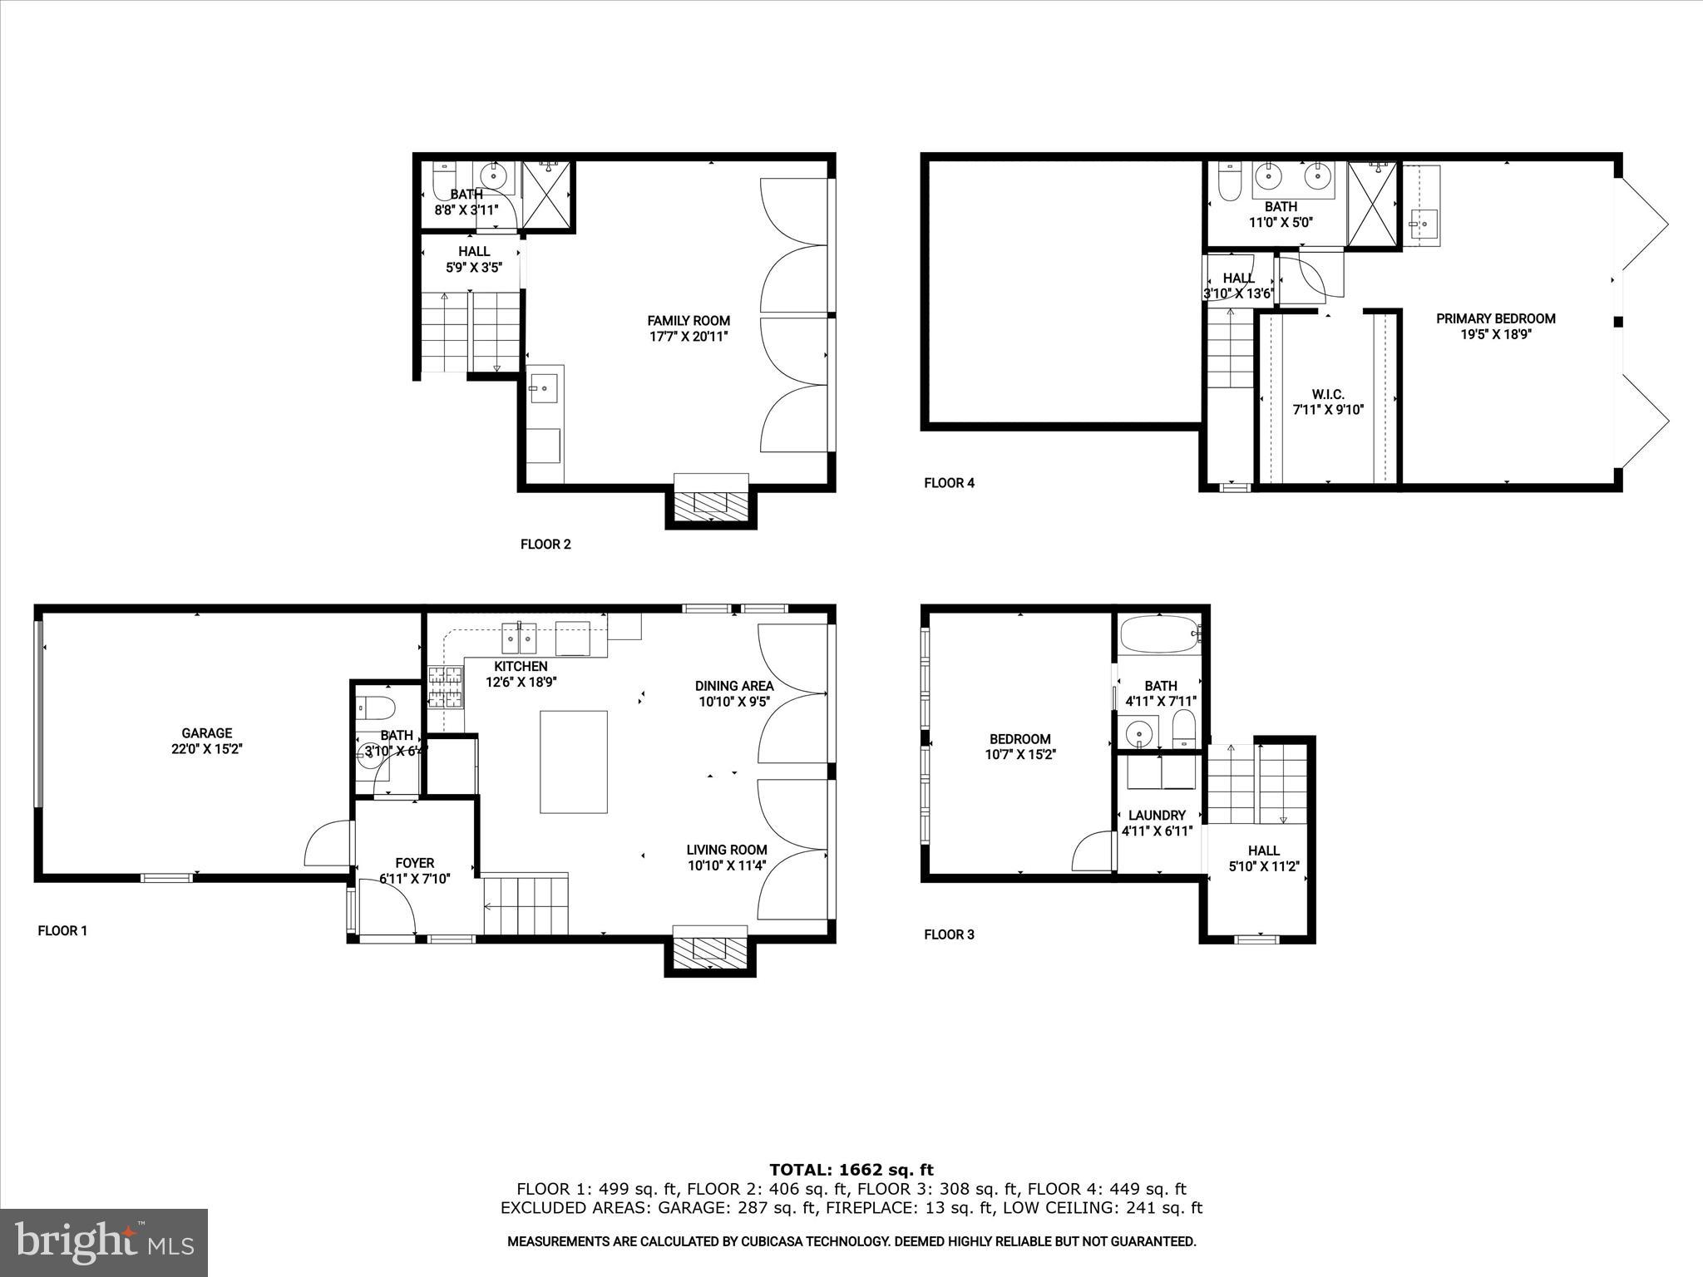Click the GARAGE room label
coord(206,732)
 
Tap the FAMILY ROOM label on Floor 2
coord(689,321)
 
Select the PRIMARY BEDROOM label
coord(1495,318)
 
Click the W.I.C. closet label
coord(1328,394)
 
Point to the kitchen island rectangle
coord(573,762)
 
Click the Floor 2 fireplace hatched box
coord(710,503)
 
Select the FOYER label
coord(414,863)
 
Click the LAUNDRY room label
coord(1157,816)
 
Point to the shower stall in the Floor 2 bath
coord(546,196)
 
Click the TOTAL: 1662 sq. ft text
coord(851,1170)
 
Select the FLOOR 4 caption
coord(949,483)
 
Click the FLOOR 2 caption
coord(545,545)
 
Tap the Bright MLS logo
coord(104,1242)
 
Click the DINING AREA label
coord(734,686)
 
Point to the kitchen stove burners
coord(445,688)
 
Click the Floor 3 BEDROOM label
coord(1019,739)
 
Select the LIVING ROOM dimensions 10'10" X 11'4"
coord(727,865)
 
